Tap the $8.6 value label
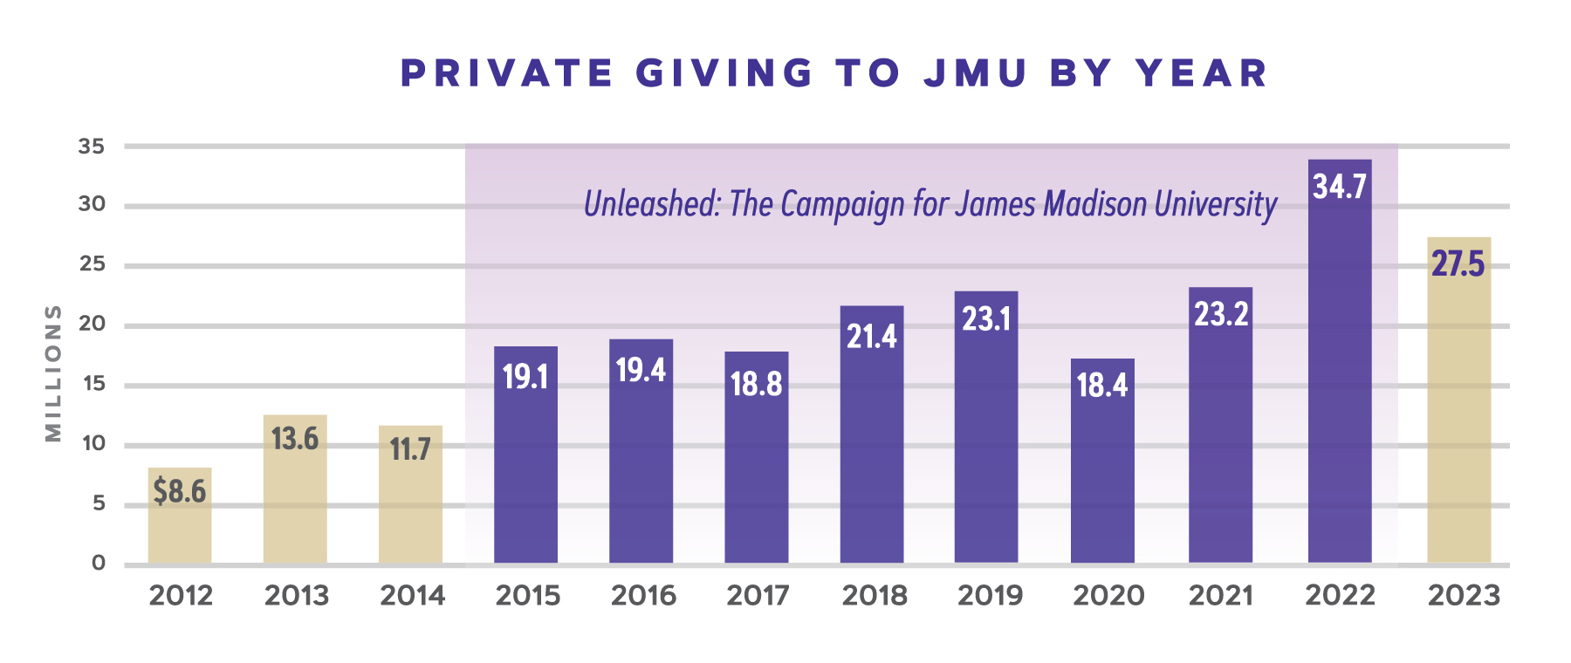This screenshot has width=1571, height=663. [x=180, y=492]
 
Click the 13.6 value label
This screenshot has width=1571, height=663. [x=295, y=439]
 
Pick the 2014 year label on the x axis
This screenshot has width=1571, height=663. [x=412, y=596]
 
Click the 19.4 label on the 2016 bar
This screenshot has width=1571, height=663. [x=641, y=371]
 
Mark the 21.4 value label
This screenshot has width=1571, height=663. [x=871, y=337]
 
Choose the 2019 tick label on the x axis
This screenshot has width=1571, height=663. [x=990, y=596]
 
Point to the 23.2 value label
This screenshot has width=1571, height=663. [x=1221, y=314]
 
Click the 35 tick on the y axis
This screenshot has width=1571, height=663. [x=92, y=147]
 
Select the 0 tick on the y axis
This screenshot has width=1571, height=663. [x=99, y=564]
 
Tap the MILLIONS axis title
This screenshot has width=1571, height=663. [x=53, y=373]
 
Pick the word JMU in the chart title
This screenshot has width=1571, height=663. [x=975, y=73]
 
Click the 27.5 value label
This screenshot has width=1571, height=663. [x=1458, y=263]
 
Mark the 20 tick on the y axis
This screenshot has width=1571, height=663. [x=92, y=325]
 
